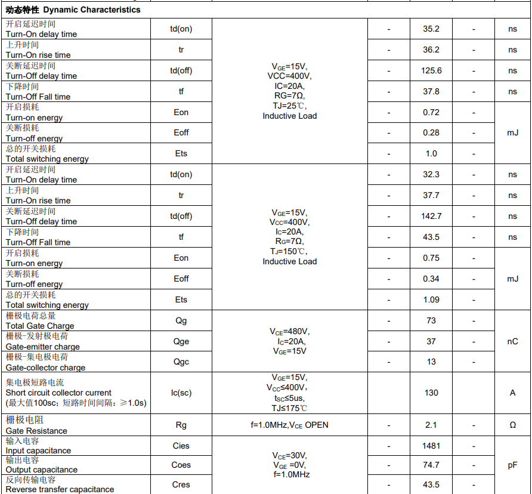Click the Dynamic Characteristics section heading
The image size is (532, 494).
pos(73,10)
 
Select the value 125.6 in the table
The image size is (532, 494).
pos(431,70)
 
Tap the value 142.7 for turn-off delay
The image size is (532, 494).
pos(431,216)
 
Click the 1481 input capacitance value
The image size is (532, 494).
pos(431,446)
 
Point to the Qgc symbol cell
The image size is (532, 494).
pos(181,362)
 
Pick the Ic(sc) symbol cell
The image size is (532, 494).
pos(181,393)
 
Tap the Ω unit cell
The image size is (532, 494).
pos(512,425)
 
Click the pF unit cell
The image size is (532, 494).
pos(512,465)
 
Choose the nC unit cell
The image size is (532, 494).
pos(512,341)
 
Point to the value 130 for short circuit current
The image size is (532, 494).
pos(431,393)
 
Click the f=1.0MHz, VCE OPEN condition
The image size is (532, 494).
pos(289,425)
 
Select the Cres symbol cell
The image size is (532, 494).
pos(181,484)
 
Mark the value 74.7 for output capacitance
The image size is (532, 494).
pos(431,465)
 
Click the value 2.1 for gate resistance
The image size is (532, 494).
pos(431,425)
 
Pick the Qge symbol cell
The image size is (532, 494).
pos(181,341)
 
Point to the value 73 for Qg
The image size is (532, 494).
pos(431,321)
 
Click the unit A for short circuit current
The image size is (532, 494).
pos(512,393)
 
